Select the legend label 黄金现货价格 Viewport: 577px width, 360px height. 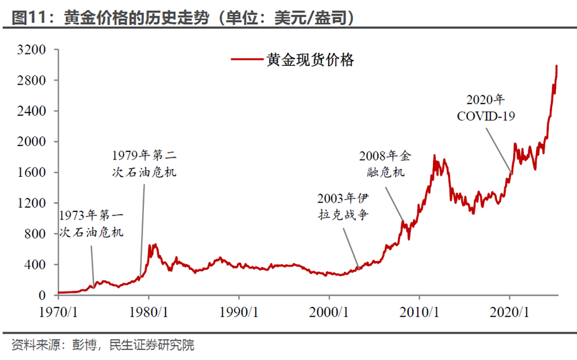click(310, 59)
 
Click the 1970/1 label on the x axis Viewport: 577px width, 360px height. click(59, 312)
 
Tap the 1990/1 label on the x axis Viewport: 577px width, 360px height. click(239, 312)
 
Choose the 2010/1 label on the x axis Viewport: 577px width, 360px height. click(419, 312)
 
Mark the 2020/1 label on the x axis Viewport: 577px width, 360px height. click(509, 312)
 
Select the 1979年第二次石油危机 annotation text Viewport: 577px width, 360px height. click(145, 163)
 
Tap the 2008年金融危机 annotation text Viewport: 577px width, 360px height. click(384, 164)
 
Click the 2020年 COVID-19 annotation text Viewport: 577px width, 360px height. click(486, 108)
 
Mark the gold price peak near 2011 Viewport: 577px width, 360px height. click(434, 155)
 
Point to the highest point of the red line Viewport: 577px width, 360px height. click(557, 66)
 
